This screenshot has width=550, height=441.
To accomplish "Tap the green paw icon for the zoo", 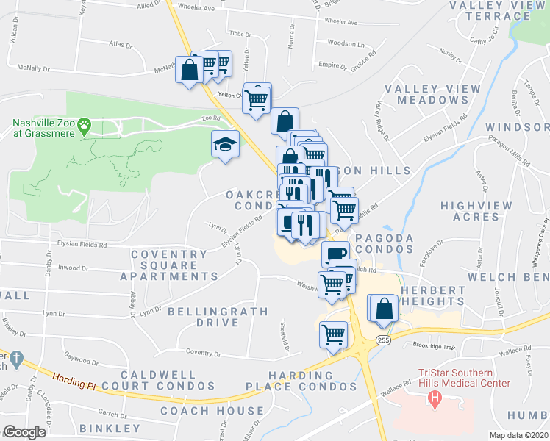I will coord(86,126).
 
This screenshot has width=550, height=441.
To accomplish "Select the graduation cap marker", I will coord(225,144).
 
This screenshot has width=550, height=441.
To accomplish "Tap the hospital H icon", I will coord(435,400).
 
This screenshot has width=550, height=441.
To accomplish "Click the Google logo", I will coord(25,431).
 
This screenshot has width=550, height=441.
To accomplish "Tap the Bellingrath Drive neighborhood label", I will coord(204,317).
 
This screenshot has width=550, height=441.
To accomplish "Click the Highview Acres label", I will coord(475,211).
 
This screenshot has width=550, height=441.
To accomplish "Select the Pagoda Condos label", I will coord(384,244).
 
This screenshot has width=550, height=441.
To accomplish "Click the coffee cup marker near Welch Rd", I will coord(335,254).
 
